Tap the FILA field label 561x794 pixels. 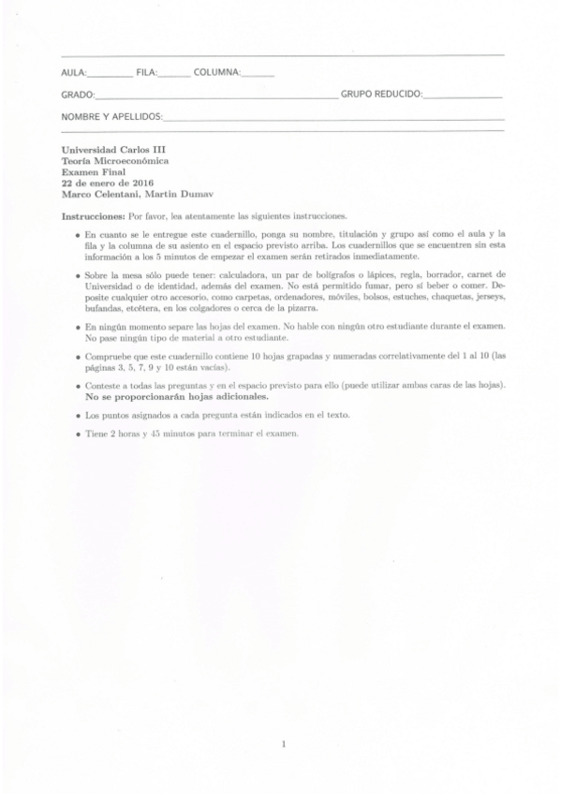tap(146, 72)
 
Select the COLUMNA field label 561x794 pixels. tap(217, 72)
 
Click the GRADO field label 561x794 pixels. tap(78, 95)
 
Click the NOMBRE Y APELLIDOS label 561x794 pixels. tap(111, 117)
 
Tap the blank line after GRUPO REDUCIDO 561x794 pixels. tap(463, 96)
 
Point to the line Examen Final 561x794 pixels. tap(87, 171)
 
